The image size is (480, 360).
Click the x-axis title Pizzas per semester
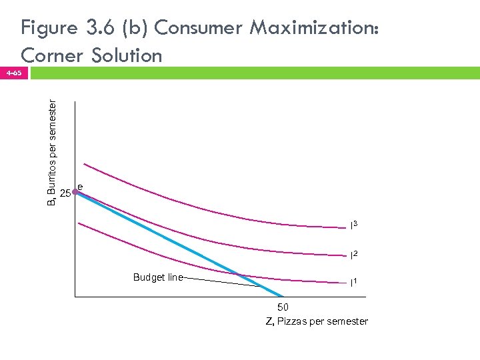coord(316,321)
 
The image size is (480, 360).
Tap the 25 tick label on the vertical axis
coord(65,194)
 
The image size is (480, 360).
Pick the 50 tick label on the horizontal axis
coord(283,308)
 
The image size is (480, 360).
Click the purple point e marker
coord(75,192)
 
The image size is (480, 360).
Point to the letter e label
coord(80,186)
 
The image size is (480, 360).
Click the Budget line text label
coord(157,277)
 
